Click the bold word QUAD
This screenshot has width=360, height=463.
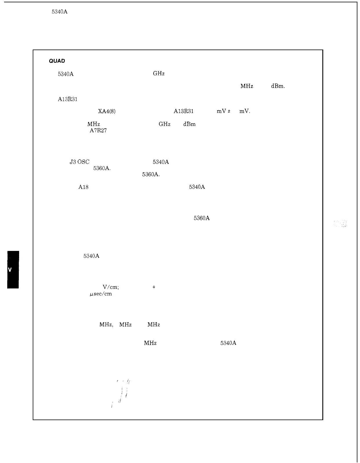(x=57, y=61)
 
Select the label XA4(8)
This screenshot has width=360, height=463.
(x=107, y=111)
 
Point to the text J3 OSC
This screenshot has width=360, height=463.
(x=80, y=162)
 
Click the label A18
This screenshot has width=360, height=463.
(x=83, y=187)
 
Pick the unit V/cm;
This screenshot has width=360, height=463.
(x=111, y=287)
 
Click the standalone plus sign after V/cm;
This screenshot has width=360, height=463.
(x=154, y=287)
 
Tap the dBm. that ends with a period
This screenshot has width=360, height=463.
(x=278, y=86)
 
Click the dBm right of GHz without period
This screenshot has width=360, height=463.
(x=189, y=124)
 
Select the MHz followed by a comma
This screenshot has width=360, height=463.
(x=106, y=325)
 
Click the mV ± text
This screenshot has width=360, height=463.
(x=223, y=111)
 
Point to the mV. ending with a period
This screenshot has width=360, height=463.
(x=245, y=111)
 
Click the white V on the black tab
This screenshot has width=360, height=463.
(x=10, y=270)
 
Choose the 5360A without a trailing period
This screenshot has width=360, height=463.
(x=202, y=218)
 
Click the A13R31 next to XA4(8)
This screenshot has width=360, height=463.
(x=184, y=111)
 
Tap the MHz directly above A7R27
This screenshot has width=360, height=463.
(x=94, y=124)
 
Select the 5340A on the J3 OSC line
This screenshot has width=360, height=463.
(x=161, y=162)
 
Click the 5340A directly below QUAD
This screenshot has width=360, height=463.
(x=66, y=74)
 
